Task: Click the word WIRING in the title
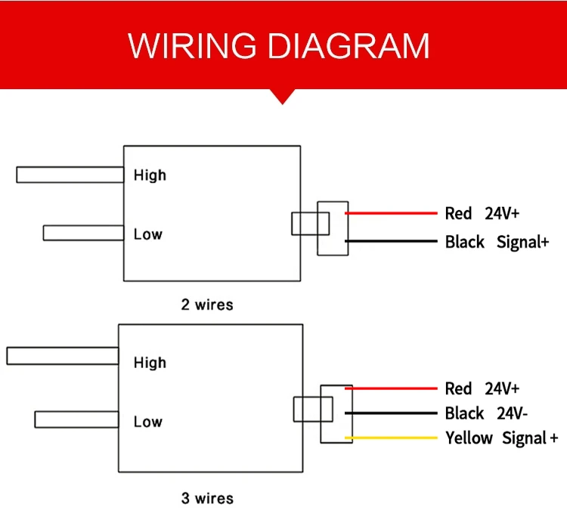tap(192, 45)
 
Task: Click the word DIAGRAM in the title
tap(349, 45)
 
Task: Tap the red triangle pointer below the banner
tap(283, 96)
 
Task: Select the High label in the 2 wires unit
tap(150, 175)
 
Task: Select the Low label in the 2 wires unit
tap(148, 234)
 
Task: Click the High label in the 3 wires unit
tap(150, 363)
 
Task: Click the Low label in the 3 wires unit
tap(148, 422)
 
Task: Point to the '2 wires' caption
tap(207, 305)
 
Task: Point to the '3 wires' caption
tap(207, 499)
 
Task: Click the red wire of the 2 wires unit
tap(392, 213)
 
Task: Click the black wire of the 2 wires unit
tap(392, 241)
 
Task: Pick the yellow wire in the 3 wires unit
tap(392, 438)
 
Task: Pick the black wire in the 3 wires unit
tap(392, 413)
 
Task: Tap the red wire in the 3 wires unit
tap(392, 388)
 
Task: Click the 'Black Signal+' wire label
tap(497, 242)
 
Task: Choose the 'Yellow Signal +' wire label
tap(502, 438)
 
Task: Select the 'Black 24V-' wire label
tap(486, 413)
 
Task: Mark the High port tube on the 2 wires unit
tap(70, 175)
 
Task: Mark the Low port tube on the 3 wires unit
tap(76, 419)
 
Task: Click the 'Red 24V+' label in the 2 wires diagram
tap(482, 213)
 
